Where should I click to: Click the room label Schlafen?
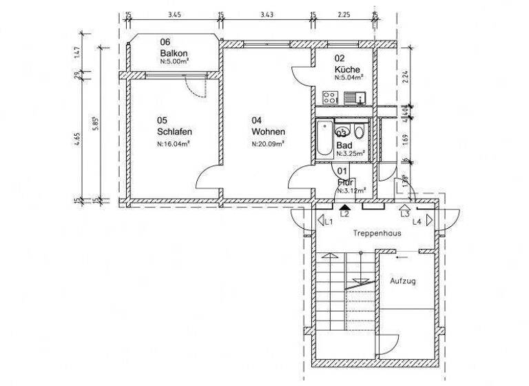point(174,132)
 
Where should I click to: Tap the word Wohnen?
point(268,132)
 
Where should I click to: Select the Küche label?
point(346,70)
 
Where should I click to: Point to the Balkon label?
point(174,53)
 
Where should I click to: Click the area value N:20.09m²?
point(268,144)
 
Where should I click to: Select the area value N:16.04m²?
point(174,144)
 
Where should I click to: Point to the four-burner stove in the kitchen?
point(330,98)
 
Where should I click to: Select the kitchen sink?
point(353,98)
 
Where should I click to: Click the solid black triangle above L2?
point(345,205)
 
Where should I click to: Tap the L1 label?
point(329,221)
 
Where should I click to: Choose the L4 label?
point(417,221)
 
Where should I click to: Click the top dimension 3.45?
point(174,14)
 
